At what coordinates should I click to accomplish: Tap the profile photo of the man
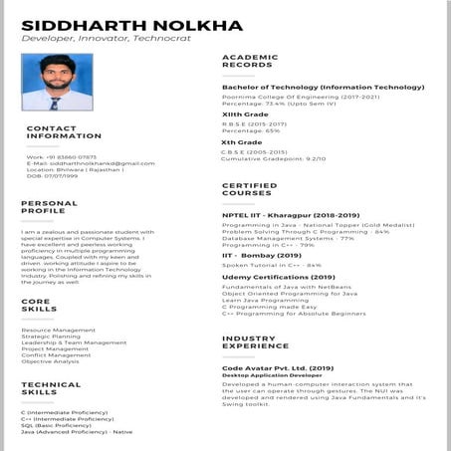[x=57, y=83]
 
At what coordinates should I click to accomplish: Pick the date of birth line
[x=53, y=176]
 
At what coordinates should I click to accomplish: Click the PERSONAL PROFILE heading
[x=49, y=207]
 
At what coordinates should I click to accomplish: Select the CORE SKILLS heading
[x=40, y=305]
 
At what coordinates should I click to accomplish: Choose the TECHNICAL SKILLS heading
[x=51, y=388]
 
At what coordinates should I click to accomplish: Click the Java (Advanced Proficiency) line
[x=77, y=432]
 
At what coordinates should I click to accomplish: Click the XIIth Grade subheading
[x=245, y=114]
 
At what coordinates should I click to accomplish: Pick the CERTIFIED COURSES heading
[x=249, y=189]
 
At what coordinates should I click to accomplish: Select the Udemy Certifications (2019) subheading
[x=279, y=278]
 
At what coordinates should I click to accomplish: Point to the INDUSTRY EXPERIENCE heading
[x=255, y=343]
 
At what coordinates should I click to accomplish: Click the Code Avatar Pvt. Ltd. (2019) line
[x=280, y=367]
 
